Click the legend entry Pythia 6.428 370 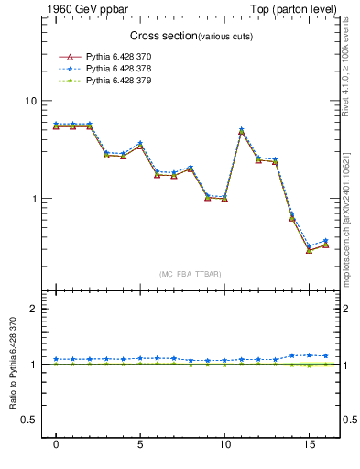tap(115, 56)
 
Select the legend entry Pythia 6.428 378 tap(115, 69)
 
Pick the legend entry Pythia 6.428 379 tap(115, 82)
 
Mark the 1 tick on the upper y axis tap(33, 199)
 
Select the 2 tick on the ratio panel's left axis tap(33, 309)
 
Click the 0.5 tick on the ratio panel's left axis tap(29, 420)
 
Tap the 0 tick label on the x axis tap(56, 445)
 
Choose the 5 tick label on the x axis tap(140, 445)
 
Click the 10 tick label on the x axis tap(224, 445)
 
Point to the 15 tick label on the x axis tap(308, 445)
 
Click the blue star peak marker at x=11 tap(241, 129)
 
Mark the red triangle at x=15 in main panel tap(309, 250)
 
